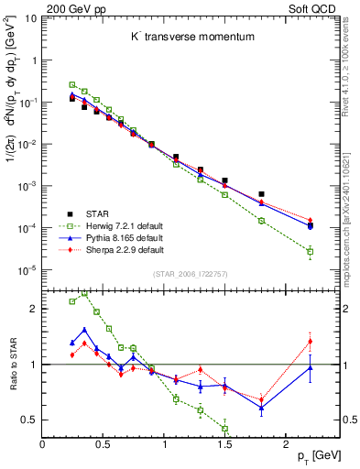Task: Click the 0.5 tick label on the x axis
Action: tap(103, 445)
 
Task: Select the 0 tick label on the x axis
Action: tap(42, 445)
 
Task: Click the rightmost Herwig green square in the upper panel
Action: tap(310, 251)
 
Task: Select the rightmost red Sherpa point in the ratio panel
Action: tap(310, 342)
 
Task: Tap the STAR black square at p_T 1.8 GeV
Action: tap(261, 194)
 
